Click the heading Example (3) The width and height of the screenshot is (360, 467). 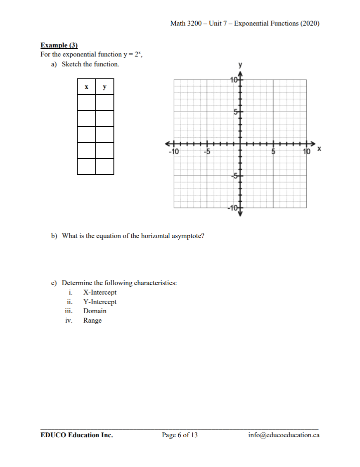tap(59, 45)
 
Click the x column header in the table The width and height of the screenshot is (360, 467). tap(86, 87)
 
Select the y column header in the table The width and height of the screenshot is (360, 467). tap(104, 87)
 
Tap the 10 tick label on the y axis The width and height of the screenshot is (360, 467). tap(234, 80)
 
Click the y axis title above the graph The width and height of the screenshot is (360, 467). tap(240, 65)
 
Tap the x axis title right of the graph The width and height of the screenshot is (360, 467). tap(319, 148)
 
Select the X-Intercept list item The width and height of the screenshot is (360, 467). tap(100, 292)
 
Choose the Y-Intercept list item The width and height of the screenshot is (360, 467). tap(100, 302)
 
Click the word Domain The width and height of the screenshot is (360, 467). tap(95, 311)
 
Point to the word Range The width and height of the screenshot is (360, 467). tap(92, 321)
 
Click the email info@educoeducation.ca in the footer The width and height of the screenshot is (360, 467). tap(284, 435)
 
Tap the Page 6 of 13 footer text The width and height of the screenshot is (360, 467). tap(180, 435)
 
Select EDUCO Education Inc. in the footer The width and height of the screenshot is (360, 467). tap(76, 435)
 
